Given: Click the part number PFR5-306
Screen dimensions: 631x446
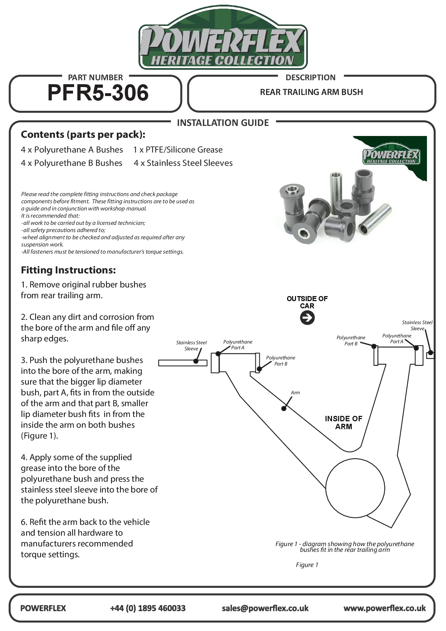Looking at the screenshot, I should (x=98, y=93).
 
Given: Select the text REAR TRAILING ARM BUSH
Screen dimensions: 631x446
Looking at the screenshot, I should (x=311, y=92).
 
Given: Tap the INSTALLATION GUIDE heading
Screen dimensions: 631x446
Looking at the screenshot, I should (x=223, y=123).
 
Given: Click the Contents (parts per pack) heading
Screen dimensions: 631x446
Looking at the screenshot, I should (x=83, y=135).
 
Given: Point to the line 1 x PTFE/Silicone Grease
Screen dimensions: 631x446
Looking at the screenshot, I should (x=178, y=150).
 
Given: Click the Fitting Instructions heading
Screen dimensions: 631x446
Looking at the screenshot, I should (x=68, y=270).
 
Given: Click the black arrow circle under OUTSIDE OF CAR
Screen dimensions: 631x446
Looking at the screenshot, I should (x=307, y=318).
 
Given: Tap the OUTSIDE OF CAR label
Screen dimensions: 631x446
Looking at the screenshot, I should (x=307, y=302).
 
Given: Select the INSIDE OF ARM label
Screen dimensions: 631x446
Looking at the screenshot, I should (x=343, y=423).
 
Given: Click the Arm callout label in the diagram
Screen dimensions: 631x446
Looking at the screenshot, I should (x=295, y=392).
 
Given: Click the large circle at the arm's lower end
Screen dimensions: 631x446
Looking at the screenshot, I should (x=355, y=488).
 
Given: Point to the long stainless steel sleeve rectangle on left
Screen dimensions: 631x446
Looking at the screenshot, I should (x=183, y=363).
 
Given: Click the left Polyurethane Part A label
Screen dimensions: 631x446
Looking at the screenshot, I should (x=238, y=345).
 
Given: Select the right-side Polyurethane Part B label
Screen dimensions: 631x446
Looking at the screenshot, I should (x=351, y=340).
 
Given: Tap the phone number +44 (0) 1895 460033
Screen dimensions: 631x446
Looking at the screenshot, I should (x=147, y=608).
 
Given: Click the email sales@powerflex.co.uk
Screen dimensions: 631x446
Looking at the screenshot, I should (x=265, y=608).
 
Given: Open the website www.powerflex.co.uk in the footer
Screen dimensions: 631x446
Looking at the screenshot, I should (x=384, y=608).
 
